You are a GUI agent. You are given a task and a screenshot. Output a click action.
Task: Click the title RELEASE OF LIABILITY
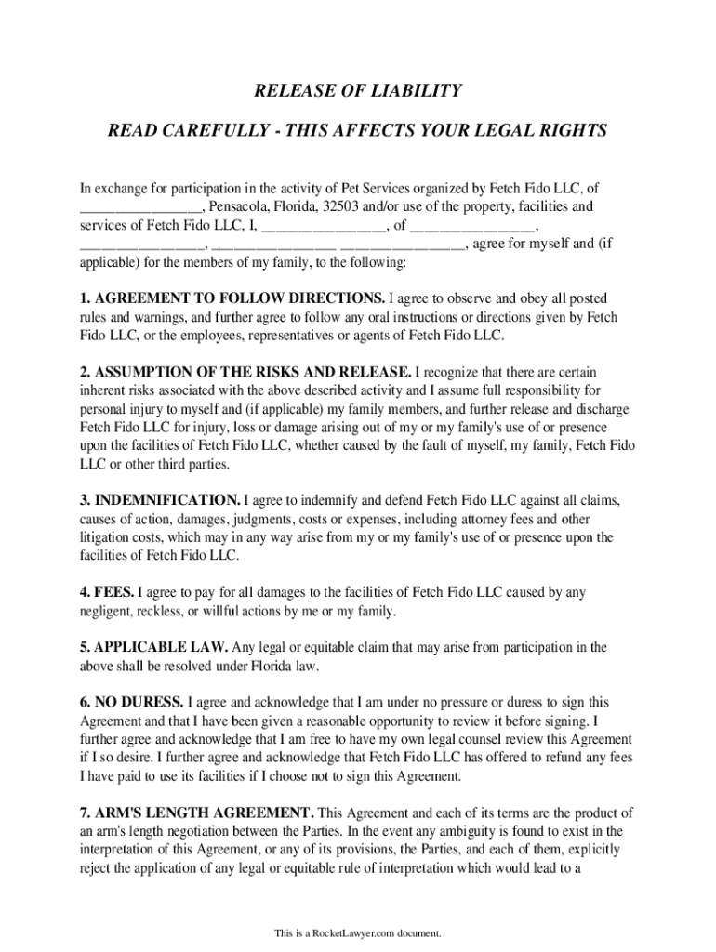click(x=358, y=90)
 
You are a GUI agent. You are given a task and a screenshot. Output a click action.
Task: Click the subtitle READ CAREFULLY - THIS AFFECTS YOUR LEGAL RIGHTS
click(x=358, y=130)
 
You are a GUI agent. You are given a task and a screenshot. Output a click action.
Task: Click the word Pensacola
click(x=240, y=206)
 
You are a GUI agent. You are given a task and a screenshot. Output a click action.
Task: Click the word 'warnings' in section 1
click(x=137, y=317)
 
